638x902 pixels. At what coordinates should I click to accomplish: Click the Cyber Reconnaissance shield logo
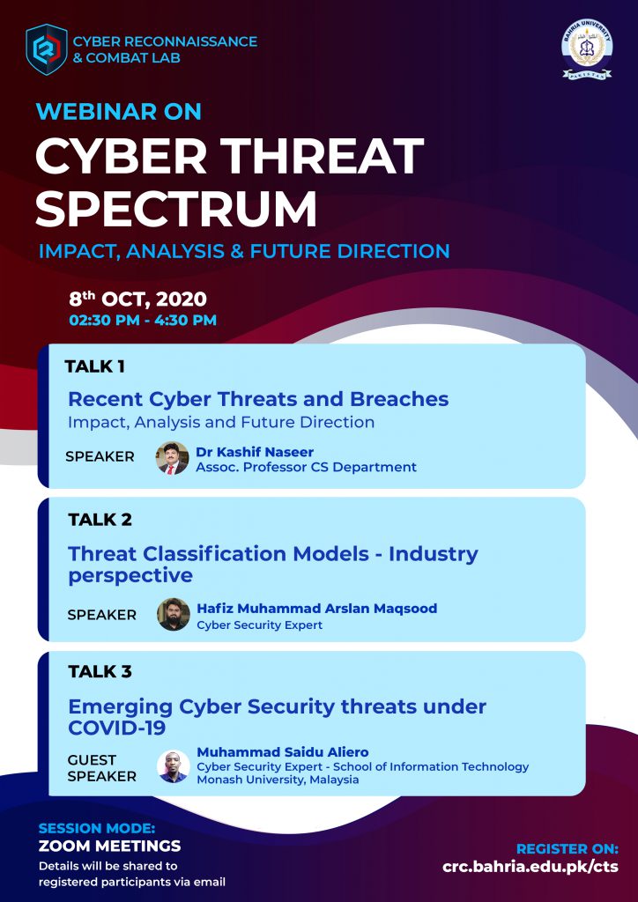pyautogui.click(x=47, y=49)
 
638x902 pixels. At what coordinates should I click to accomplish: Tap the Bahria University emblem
pyautogui.click(x=587, y=50)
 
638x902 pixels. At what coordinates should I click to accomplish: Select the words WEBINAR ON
pyautogui.click(x=118, y=111)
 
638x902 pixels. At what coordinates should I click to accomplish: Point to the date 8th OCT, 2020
pyautogui.click(x=137, y=299)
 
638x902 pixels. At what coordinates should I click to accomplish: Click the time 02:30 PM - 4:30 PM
pyautogui.click(x=143, y=321)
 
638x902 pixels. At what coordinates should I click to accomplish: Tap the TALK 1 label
pyautogui.click(x=95, y=366)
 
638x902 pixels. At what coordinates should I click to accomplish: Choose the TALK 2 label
pyautogui.click(x=100, y=520)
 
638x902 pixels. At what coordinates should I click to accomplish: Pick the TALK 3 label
pyautogui.click(x=100, y=671)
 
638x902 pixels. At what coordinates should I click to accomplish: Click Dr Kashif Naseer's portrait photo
pyautogui.click(x=172, y=458)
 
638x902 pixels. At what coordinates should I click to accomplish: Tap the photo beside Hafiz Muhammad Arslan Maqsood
pyautogui.click(x=174, y=614)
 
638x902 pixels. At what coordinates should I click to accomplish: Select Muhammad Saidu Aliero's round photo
pyautogui.click(x=174, y=765)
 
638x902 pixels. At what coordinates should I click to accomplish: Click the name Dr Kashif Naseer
pyautogui.click(x=255, y=452)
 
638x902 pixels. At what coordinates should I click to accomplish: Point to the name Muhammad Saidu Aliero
pyautogui.click(x=283, y=752)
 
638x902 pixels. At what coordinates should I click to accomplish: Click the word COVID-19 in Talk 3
pyautogui.click(x=117, y=728)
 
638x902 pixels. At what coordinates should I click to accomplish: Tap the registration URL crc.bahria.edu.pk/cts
pyautogui.click(x=530, y=867)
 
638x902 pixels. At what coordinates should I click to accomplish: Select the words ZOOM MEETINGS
pyautogui.click(x=109, y=847)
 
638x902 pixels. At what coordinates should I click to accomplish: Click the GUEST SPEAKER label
pyautogui.click(x=102, y=768)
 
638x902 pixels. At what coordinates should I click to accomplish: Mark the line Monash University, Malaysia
pyautogui.click(x=278, y=780)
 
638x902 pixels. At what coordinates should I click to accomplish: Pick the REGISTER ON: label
pyautogui.click(x=568, y=849)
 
